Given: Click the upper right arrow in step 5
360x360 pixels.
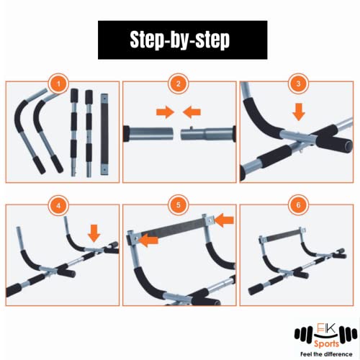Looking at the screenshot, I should pyautogui.click(x=223, y=217).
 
